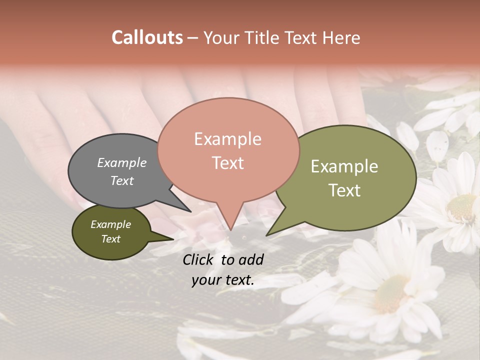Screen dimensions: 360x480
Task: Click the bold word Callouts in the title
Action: (x=147, y=37)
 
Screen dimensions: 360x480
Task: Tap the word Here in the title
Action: (x=341, y=38)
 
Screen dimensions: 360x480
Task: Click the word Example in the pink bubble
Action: (x=227, y=139)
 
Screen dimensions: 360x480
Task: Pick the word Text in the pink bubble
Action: (x=227, y=163)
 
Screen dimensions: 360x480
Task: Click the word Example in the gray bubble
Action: (x=122, y=163)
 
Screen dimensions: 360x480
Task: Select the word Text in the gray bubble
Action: (x=122, y=180)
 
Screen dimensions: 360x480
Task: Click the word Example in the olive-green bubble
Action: (x=344, y=166)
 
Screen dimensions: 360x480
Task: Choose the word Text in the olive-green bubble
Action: (x=344, y=190)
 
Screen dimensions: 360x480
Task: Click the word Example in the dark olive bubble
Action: (x=110, y=224)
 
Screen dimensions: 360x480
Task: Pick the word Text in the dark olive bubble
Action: (x=110, y=239)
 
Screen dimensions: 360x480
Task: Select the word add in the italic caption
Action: (x=251, y=259)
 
